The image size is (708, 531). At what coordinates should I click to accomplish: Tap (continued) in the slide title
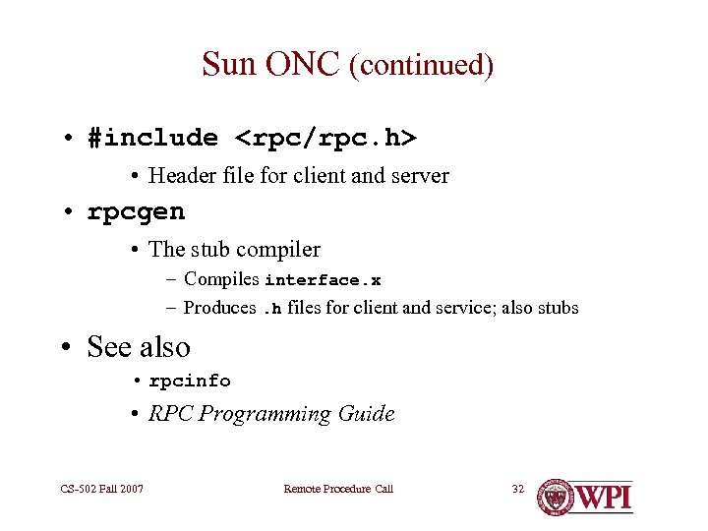(421, 66)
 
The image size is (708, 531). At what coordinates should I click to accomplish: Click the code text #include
(152, 138)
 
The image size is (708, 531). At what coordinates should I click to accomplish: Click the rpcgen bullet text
(136, 211)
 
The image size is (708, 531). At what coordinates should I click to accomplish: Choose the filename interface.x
(323, 280)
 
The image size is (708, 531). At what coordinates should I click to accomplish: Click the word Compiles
(221, 279)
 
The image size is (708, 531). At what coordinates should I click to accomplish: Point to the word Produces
(219, 308)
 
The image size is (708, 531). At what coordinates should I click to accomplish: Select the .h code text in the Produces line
(271, 309)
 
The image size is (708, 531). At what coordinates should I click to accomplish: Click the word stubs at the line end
(558, 308)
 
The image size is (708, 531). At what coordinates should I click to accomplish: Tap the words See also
(139, 347)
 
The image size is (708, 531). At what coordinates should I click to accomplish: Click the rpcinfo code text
(190, 381)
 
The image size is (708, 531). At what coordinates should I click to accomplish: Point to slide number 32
(518, 489)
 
